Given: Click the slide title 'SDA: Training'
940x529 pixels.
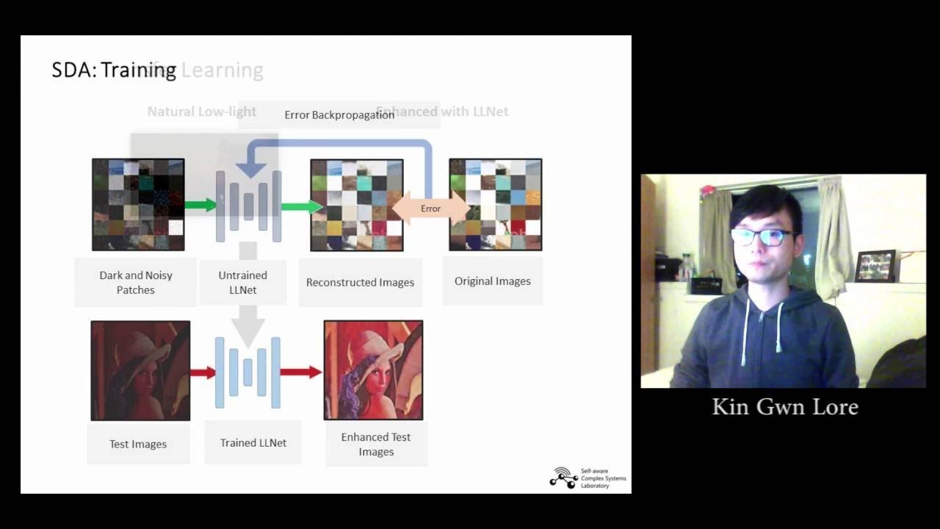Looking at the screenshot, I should (114, 70).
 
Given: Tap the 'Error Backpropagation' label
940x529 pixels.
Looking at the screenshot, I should (339, 115).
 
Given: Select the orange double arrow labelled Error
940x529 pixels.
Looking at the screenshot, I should (430, 209).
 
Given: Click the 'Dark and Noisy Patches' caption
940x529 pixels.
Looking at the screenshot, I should (136, 282).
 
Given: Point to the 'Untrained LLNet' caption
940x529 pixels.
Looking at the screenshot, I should (242, 282).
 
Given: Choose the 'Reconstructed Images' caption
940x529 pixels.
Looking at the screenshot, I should (360, 282).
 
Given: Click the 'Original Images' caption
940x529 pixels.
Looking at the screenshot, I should (492, 281).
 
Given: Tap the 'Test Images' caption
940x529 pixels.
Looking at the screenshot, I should (138, 444).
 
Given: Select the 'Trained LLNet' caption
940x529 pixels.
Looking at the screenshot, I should (253, 442).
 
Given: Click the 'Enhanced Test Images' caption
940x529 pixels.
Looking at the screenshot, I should (376, 444).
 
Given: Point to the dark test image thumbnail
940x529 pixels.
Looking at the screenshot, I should (140, 370).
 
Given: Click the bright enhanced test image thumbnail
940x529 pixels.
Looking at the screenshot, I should (373, 370).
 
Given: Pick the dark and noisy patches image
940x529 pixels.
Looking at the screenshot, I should (138, 204).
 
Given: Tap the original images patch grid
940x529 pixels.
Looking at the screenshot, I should (495, 204).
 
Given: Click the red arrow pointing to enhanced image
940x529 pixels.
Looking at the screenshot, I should (300, 373).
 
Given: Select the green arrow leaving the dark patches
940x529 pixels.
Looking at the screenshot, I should (200, 206).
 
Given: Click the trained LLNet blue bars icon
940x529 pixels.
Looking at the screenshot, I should (247, 373).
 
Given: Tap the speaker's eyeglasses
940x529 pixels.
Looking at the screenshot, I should (763, 237).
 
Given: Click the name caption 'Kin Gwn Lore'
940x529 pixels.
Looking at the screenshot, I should (785, 407).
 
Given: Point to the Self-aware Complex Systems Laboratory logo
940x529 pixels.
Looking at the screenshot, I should (588, 478).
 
